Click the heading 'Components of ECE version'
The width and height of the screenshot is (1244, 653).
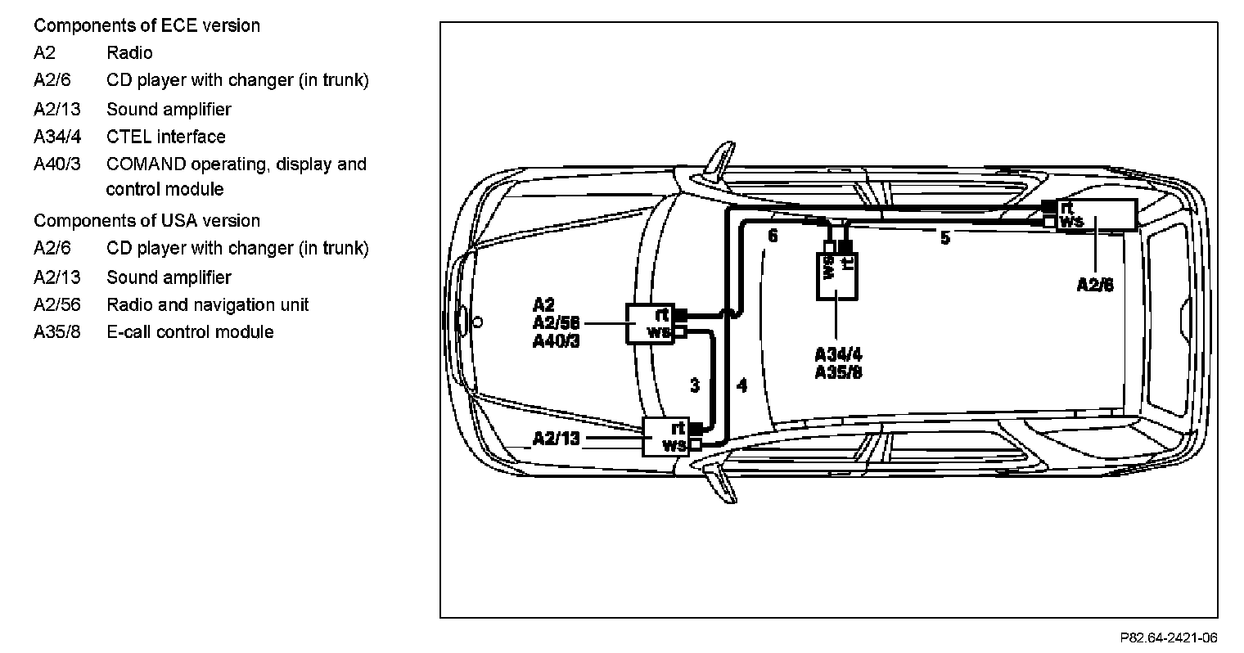click(x=146, y=25)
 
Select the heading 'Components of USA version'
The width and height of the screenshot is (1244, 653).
click(x=146, y=221)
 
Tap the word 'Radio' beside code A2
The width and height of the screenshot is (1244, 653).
click(x=129, y=53)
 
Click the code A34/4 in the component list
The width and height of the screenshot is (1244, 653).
click(x=57, y=137)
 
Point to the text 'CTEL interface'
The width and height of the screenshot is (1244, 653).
click(x=165, y=137)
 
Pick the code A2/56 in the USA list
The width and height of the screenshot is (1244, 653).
click(x=57, y=305)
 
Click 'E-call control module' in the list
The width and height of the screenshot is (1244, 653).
click(x=190, y=332)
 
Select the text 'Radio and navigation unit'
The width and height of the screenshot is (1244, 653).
click(x=207, y=305)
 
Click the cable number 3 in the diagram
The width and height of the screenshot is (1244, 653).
click(x=695, y=385)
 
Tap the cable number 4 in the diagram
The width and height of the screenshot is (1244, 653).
click(x=741, y=385)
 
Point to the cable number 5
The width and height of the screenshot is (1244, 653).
click(x=945, y=239)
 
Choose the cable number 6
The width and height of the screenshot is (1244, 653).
click(x=772, y=236)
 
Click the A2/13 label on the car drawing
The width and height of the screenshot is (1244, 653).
click(x=556, y=439)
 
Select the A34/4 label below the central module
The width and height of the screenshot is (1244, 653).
click(x=838, y=354)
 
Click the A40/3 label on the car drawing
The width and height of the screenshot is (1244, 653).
click(x=556, y=341)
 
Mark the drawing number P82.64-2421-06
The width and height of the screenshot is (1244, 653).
click(x=1169, y=637)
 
